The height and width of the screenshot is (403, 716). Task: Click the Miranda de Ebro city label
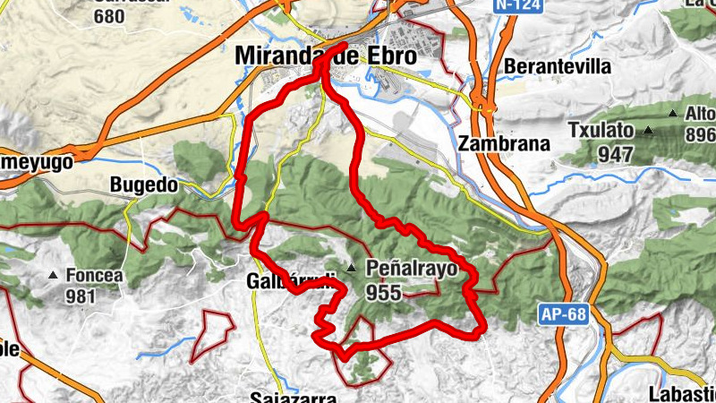(x=325, y=56)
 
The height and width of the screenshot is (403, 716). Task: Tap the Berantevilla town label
(x=558, y=67)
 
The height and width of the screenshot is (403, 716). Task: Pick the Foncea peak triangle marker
(x=54, y=276)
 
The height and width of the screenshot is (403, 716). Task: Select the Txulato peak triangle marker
(x=647, y=131)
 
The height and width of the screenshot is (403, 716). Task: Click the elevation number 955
(x=384, y=291)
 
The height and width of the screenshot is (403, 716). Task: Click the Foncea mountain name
(x=93, y=276)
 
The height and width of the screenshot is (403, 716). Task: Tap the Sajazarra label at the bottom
(x=293, y=398)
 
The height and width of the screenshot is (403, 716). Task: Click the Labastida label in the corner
(x=685, y=393)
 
